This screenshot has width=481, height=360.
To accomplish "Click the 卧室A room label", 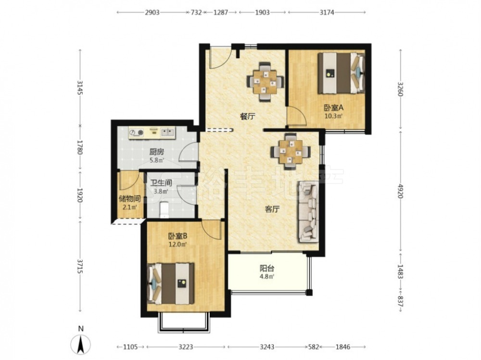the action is (x=333, y=108).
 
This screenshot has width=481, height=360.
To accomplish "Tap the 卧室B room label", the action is (x=177, y=236).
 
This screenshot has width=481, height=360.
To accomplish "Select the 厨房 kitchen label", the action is (x=157, y=152).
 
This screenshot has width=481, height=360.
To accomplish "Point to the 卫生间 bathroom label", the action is (x=161, y=183).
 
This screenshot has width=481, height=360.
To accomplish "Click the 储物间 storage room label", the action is (x=129, y=199).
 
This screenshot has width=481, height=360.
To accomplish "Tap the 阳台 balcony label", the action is (x=267, y=269).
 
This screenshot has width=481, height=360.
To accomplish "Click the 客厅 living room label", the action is (x=272, y=210).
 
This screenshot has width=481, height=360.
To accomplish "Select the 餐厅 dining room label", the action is (x=248, y=116).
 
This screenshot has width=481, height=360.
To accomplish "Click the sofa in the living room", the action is (x=308, y=211).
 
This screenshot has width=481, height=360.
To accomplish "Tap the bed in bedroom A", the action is (x=341, y=73).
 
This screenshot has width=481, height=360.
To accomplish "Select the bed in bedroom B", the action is (x=171, y=284).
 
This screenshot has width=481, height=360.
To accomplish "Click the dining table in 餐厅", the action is (x=266, y=82).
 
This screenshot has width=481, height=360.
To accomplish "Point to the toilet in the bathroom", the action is (x=165, y=210).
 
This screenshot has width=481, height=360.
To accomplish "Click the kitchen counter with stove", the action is (x=152, y=133).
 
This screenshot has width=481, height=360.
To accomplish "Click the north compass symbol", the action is (x=81, y=344).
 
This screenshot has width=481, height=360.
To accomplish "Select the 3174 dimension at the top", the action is (x=327, y=12).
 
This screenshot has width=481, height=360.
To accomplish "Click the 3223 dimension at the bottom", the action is (x=186, y=347).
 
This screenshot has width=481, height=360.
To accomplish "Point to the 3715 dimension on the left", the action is (x=80, y=266).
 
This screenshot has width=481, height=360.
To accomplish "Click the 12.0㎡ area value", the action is (x=178, y=244).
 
